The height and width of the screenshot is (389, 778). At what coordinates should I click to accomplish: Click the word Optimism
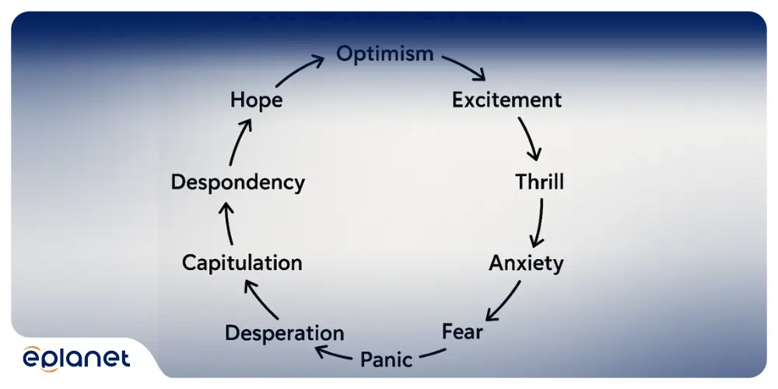click(384, 54)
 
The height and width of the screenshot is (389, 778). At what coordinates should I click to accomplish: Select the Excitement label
click(506, 100)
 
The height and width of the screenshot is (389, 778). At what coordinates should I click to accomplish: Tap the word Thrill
click(539, 182)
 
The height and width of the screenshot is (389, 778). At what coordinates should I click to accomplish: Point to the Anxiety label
click(526, 263)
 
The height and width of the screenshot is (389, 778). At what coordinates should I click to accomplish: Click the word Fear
click(462, 331)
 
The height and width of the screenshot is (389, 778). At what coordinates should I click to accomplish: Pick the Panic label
click(386, 359)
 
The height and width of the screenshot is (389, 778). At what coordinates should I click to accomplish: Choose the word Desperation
click(284, 333)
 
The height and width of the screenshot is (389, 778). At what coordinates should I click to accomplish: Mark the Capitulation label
click(242, 263)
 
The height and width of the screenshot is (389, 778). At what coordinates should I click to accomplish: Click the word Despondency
click(237, 183)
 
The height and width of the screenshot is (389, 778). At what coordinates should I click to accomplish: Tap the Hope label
click(256, 100)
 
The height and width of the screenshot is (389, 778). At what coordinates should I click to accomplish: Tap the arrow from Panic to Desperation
click(335, 356)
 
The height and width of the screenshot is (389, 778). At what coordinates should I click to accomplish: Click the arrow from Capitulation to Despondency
click(227, 223)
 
